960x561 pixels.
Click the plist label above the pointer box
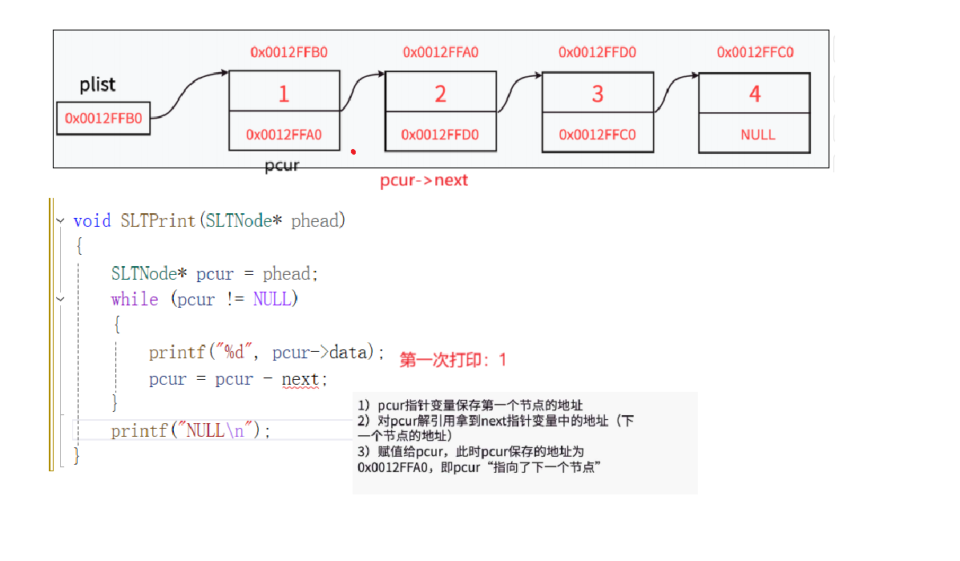98,85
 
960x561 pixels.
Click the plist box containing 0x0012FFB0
103,119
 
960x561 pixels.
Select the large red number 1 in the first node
284,95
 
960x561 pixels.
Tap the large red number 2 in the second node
440,95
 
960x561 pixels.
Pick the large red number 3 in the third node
597,95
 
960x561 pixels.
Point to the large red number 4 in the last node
754,95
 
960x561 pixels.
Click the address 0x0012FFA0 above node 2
441,53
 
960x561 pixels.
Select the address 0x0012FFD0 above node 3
597,53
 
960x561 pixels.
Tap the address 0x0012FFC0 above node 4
755,53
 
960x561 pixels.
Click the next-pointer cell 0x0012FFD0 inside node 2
440,135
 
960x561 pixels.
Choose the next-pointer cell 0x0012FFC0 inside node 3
597,135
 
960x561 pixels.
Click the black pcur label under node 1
281,167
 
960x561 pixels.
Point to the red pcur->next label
424,181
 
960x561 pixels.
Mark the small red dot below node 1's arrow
353,151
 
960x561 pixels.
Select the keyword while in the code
135,300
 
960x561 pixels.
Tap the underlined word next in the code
300,379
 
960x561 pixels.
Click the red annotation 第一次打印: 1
453,361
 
